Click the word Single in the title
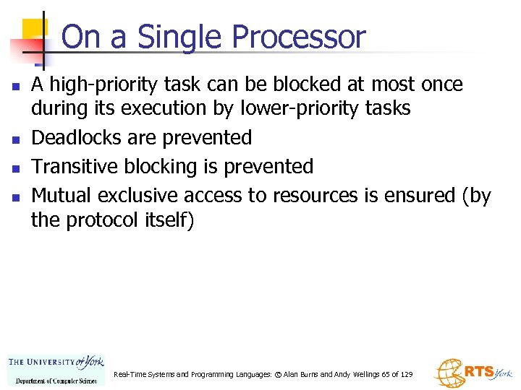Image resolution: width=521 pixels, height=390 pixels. pyautogui.click(x=171, y=37)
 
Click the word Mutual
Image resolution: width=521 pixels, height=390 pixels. pyautogui.click(x=62, y=195)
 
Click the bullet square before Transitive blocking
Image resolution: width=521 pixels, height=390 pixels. pyautogui.click(x=15, y=168)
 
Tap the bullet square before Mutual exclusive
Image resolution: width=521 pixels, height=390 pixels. pyautogui.click(x=15, y=196)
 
